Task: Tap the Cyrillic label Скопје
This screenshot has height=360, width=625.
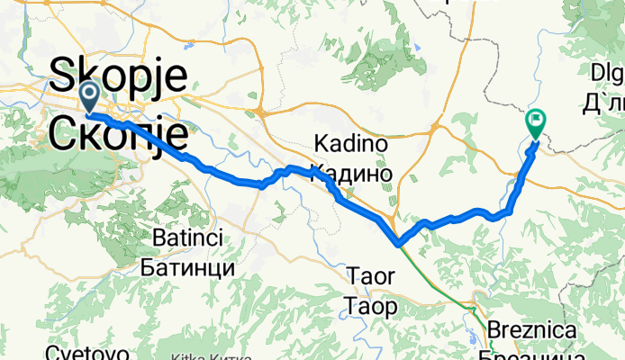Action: [x=119, y=133]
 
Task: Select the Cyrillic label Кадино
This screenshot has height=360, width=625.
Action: [x=350, y=172]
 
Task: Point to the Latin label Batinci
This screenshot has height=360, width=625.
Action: [x=188, y=239]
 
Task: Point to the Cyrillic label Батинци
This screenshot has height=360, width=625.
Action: [x=188, y=267]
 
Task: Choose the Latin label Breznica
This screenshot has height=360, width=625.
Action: [x=532, y=330]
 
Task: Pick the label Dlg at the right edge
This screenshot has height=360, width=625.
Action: [x=607, y=72]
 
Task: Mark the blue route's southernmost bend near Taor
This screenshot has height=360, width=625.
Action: [x=398, y=241]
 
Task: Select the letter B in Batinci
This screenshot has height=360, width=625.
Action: [x=149, y=239]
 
